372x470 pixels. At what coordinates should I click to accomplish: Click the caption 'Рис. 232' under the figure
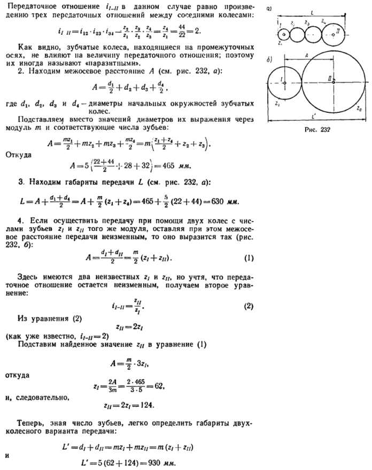coord(319,129)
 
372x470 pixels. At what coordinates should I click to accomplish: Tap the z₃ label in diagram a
coord(306,24)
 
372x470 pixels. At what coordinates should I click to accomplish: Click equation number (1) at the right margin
coord(249,258)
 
